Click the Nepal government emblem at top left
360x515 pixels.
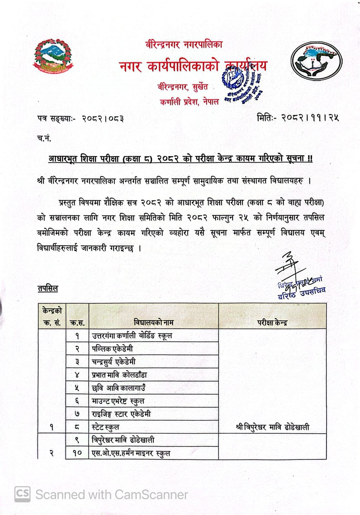[53, 55]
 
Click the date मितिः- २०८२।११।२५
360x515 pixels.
[298, 118]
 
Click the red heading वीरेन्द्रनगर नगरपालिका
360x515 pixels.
[184, 44]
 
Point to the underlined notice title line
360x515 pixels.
[180, 159]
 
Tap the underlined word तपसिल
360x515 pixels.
[48, 289]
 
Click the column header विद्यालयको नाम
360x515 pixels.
[154, 323]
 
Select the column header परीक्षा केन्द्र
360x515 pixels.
[272, 323]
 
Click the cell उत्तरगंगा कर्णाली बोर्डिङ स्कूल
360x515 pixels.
[132, 336]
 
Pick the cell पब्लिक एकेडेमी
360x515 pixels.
[112, 349]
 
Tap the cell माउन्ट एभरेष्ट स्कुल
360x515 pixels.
[118, 401]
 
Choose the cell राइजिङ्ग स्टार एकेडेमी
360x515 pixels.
[121, 414]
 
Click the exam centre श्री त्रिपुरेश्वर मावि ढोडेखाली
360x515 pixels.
[272, 427]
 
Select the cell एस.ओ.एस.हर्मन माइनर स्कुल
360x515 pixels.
[131, 453]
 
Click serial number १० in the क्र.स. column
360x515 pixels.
[77, 453]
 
